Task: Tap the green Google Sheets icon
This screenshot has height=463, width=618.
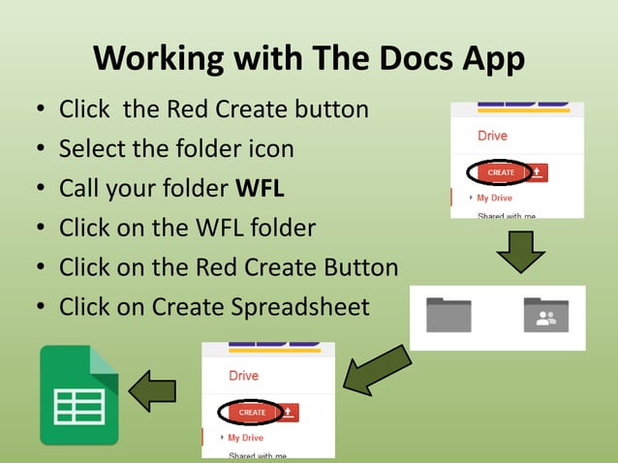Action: [78, 395]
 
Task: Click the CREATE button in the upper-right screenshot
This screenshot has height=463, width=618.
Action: [501, 172]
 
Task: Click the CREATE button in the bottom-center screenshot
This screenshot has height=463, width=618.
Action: [252, 413]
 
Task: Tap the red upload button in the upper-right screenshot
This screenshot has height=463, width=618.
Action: [539, 172]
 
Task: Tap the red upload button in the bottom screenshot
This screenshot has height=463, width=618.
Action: [290, 413]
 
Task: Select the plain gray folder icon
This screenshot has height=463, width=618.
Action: [448, 315]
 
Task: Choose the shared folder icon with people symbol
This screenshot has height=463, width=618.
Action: [545, 315]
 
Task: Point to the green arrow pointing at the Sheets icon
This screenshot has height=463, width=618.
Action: [153, 389]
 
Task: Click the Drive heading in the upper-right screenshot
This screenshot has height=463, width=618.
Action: [492, 137]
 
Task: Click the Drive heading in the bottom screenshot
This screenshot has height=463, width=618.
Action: [243, 376]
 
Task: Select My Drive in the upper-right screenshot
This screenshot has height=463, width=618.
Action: [494, 198]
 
